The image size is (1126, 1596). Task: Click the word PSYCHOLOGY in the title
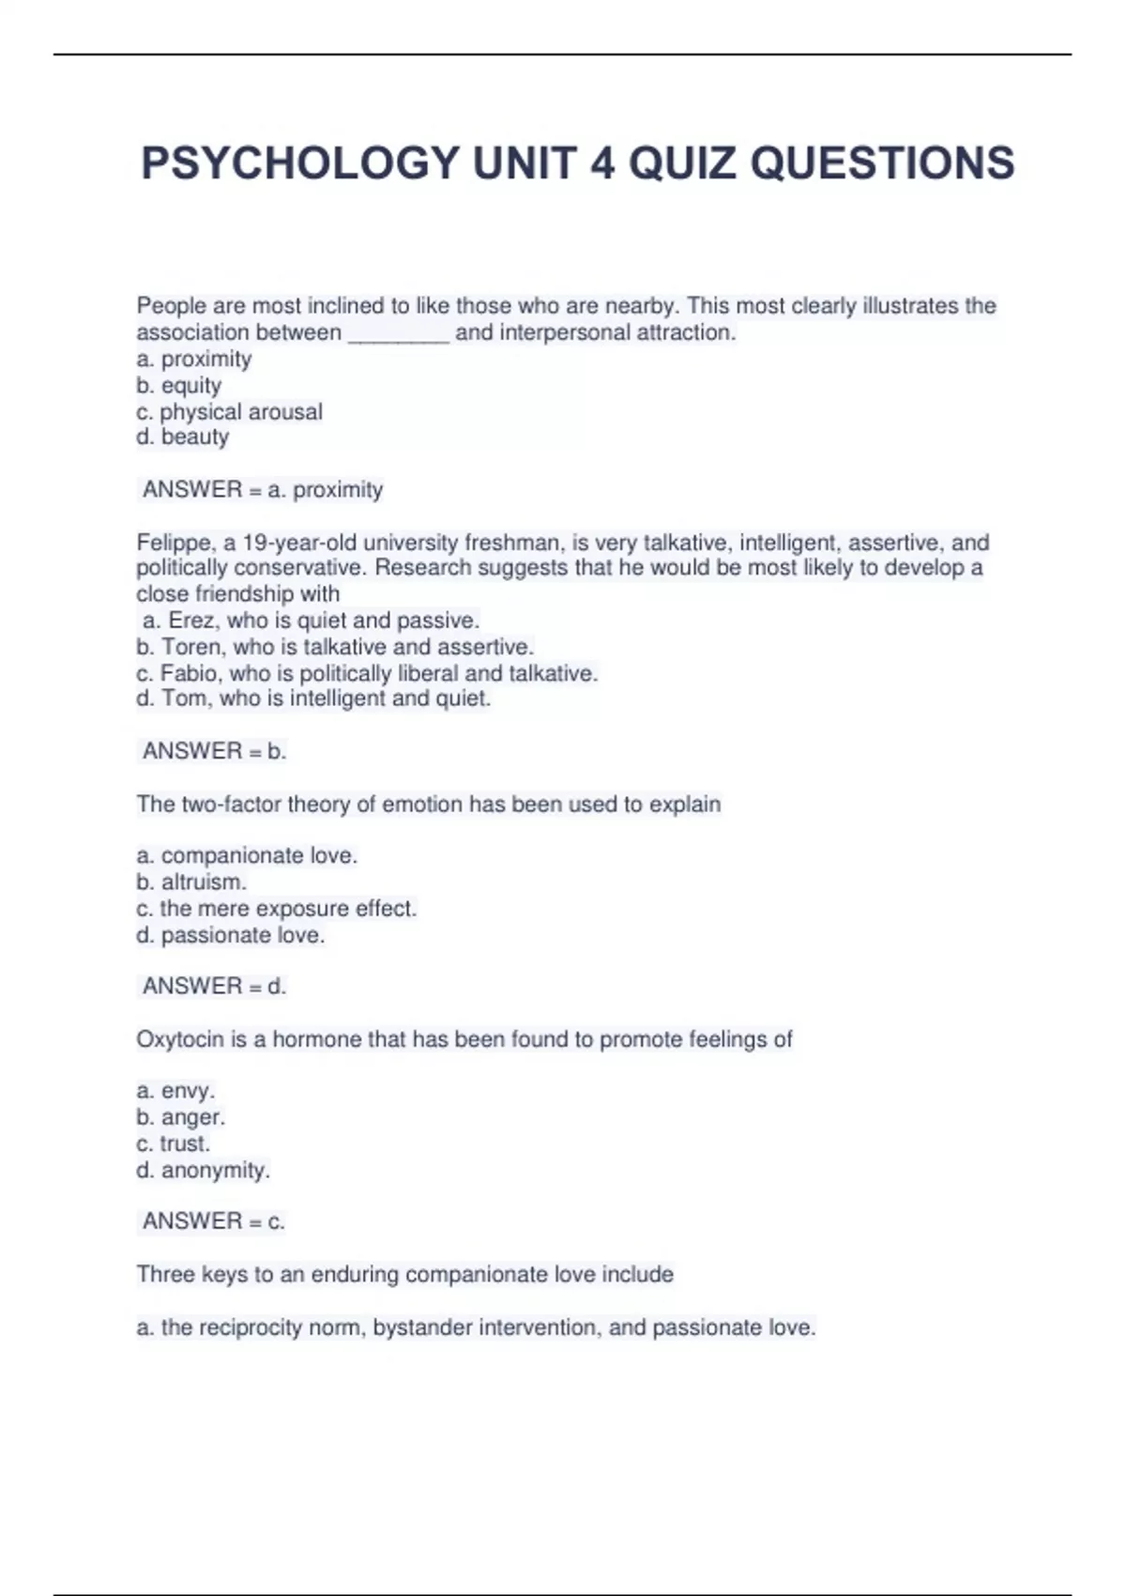click(x=299, y=163)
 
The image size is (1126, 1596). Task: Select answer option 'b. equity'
click(x=179, y=386)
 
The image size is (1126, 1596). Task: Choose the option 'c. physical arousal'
click(x=230, y=412)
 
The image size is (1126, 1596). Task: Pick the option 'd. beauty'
click(x=183, y=437)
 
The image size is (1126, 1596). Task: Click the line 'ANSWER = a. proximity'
click(x=263, y=490)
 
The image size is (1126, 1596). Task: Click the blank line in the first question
click(x=399, y=334)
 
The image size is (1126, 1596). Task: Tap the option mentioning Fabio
click(x=367, y=673)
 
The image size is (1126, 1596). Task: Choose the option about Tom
click(x=313, y=698)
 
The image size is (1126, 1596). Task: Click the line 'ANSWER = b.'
click(x=214, y=751)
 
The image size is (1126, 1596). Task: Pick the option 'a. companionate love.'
click(x=247, y=856)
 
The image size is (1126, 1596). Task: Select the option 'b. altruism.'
click(x=191, y=882)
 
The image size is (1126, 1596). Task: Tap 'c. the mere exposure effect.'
click(x=277, y=909)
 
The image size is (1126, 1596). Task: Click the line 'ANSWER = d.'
click(x=214, y=986)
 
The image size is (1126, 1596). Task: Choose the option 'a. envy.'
click(x=176, y=1091)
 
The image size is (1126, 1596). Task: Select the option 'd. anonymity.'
click(x=203, y=1170)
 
